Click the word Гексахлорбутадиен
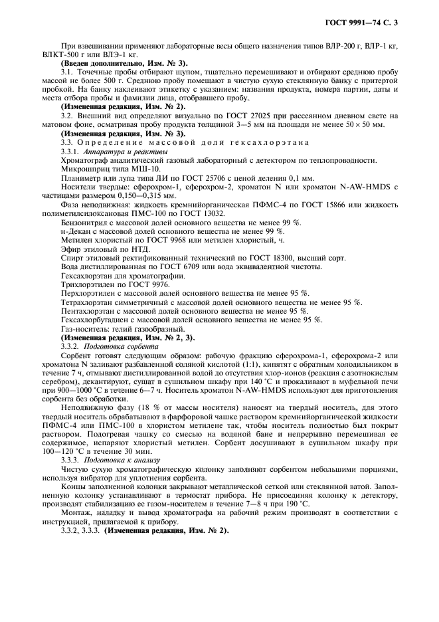(x=95, y=320)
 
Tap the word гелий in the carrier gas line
(x=124, y=329)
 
